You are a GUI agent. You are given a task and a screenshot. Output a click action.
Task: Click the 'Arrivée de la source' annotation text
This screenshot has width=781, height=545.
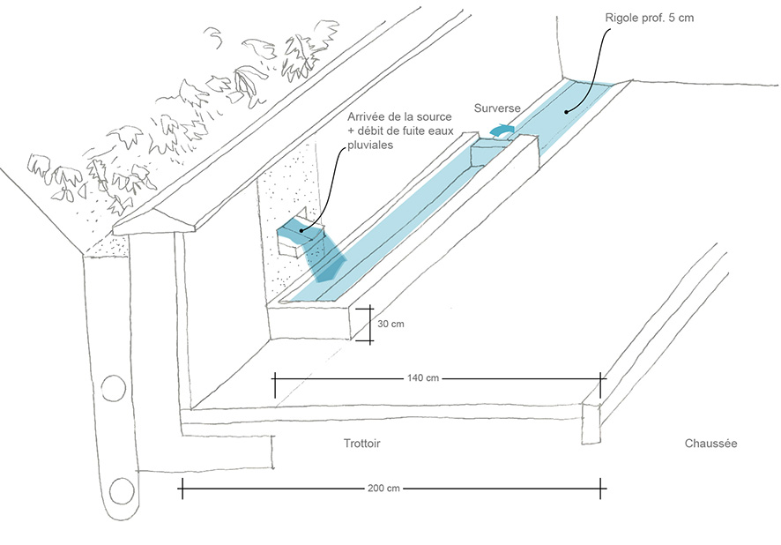(399, 117)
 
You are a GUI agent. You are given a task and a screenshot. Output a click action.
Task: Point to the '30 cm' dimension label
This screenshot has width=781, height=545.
(390, 325)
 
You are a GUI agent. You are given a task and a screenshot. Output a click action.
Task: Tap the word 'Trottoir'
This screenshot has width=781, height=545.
(365, 444)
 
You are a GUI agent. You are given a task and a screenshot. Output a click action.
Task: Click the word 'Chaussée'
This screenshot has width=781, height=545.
(710, 444)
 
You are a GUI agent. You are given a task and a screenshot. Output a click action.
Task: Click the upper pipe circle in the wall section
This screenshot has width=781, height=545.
(114, 388)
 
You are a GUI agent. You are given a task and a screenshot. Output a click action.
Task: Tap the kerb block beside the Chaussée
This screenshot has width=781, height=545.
(591, 422)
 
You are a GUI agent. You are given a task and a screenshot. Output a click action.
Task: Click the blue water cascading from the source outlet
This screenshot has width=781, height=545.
(327, 263)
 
